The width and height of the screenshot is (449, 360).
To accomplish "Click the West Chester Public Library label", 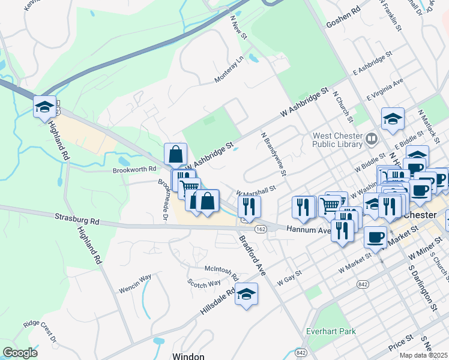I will [337, 140].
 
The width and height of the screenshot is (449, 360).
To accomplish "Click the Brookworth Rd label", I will [134, 170].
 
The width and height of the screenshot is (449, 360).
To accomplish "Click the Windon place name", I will [188, 356].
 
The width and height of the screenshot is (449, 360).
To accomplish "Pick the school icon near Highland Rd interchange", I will [44, 107].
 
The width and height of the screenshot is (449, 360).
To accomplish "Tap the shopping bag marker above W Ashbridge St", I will [175, 154].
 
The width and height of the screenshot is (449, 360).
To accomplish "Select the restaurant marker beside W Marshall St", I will [249, 206].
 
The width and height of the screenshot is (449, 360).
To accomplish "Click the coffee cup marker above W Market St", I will [375, 236].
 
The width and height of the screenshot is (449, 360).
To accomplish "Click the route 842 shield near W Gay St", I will [362, 283].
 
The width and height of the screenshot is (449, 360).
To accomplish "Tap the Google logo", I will [20, 353].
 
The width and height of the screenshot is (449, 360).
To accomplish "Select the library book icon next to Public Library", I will [372, 140].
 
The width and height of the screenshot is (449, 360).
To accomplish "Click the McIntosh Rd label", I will [221, 273].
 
